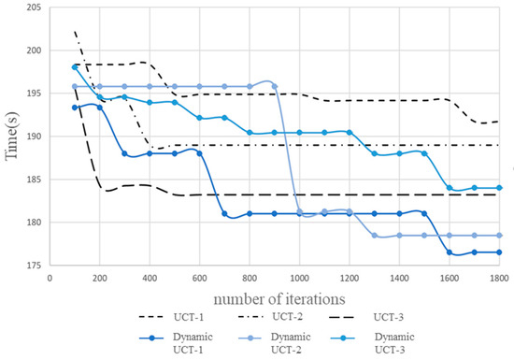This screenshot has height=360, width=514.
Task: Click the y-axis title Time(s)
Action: (13, 137)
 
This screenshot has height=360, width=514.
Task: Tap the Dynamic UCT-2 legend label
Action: (302, 341)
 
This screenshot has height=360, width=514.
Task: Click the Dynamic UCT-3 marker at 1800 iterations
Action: (499, 188)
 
